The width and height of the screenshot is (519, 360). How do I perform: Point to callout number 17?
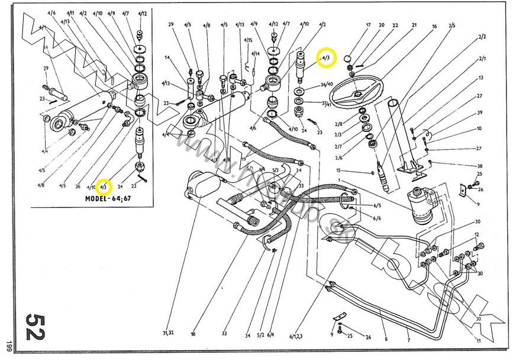(368, 25)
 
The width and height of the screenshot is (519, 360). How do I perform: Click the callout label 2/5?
(452, 25)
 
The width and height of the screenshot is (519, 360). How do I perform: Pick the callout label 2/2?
(482, 37)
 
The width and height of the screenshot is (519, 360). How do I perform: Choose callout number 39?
(480, 112)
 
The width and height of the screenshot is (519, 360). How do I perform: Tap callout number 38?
(480, 166)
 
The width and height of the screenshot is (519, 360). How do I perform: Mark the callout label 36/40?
(327, 84)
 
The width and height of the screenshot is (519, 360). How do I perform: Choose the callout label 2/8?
(339, 124)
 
